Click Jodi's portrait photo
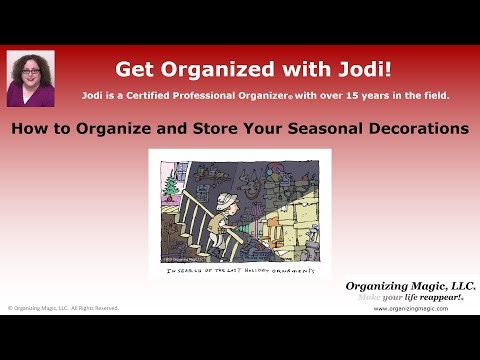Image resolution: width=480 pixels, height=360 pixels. click(x=30, y=78)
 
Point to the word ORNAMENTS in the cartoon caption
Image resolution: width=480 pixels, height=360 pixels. click(x=291, y=270)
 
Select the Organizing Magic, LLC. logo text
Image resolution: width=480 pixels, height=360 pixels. click(x=410, y=286)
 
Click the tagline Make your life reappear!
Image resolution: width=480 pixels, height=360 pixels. click(x=410, y=298)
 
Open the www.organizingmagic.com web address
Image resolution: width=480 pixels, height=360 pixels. click(x=410, y=309)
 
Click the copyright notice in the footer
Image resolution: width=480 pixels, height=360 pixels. click(x=62, y=308)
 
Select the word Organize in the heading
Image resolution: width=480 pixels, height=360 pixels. click(x=156, y=129)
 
